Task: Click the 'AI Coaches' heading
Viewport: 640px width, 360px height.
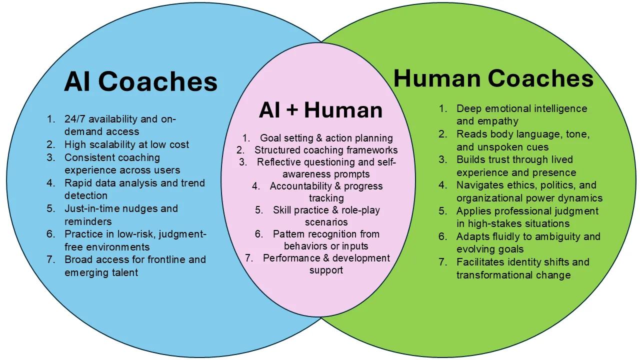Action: point(140,82)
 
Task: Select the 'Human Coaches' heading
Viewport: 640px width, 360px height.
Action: point(493,78)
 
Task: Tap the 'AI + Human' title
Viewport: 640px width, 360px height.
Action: point(320,110)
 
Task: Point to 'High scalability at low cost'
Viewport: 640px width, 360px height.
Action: point(126,144)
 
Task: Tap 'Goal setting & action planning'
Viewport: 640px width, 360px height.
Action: point(326,138)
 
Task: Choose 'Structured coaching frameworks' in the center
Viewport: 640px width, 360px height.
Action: point(326,150)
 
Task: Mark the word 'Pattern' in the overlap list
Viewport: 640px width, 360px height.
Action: point(290,234)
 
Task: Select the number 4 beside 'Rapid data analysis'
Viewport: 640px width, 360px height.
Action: point(51,183)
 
